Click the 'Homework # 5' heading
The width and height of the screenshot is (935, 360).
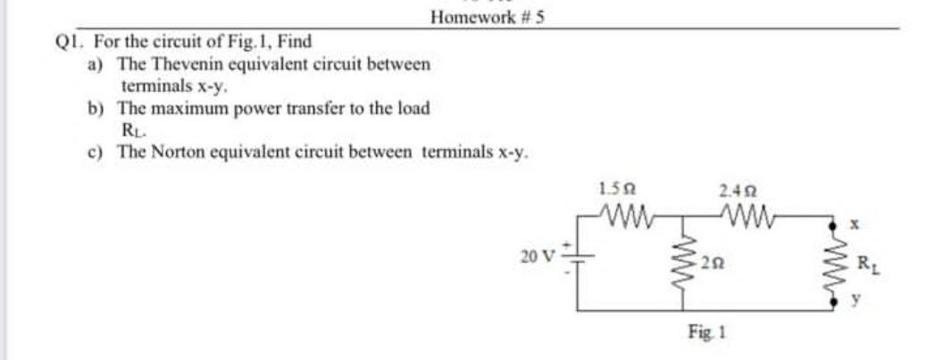[486, 16]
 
